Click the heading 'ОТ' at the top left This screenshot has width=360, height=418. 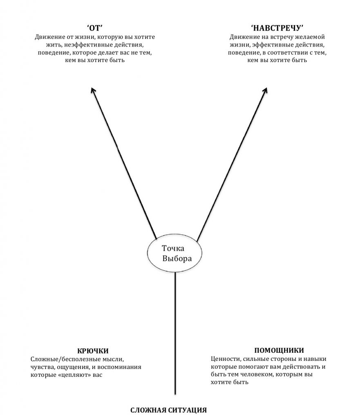95,28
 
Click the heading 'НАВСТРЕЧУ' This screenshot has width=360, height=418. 277,28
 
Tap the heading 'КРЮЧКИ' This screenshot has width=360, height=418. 93,351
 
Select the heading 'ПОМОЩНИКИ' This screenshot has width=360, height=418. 279,350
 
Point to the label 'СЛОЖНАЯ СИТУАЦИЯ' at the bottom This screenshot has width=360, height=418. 168,410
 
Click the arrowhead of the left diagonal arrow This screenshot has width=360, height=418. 93,90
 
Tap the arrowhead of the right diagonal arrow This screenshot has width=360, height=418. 265,90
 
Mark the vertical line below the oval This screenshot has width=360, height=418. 175,333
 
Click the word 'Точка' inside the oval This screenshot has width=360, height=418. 173,248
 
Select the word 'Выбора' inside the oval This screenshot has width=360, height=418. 177,258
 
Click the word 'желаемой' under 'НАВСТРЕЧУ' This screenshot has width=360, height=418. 311,37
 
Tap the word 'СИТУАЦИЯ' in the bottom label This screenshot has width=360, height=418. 188,410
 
